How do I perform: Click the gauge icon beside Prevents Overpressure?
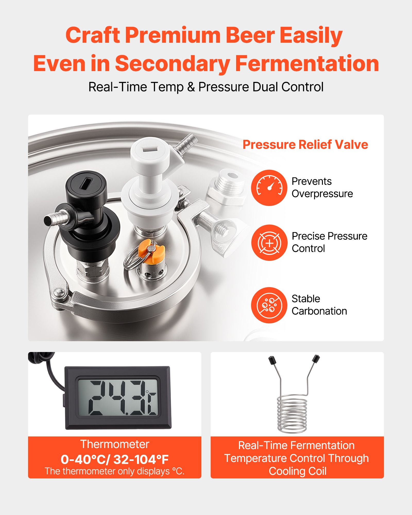[269, 188]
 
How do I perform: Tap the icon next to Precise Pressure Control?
[269, 243]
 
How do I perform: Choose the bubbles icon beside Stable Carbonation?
[269, 305]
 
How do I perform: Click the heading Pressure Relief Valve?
[305, 144]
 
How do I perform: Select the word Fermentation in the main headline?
[307, 64]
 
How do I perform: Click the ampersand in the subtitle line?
[191, 87]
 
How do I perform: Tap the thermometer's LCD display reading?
[118, 398]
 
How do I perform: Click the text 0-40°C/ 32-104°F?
[115, 459]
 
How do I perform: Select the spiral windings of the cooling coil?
[292, 415]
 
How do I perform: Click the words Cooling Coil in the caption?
[297, 471]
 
